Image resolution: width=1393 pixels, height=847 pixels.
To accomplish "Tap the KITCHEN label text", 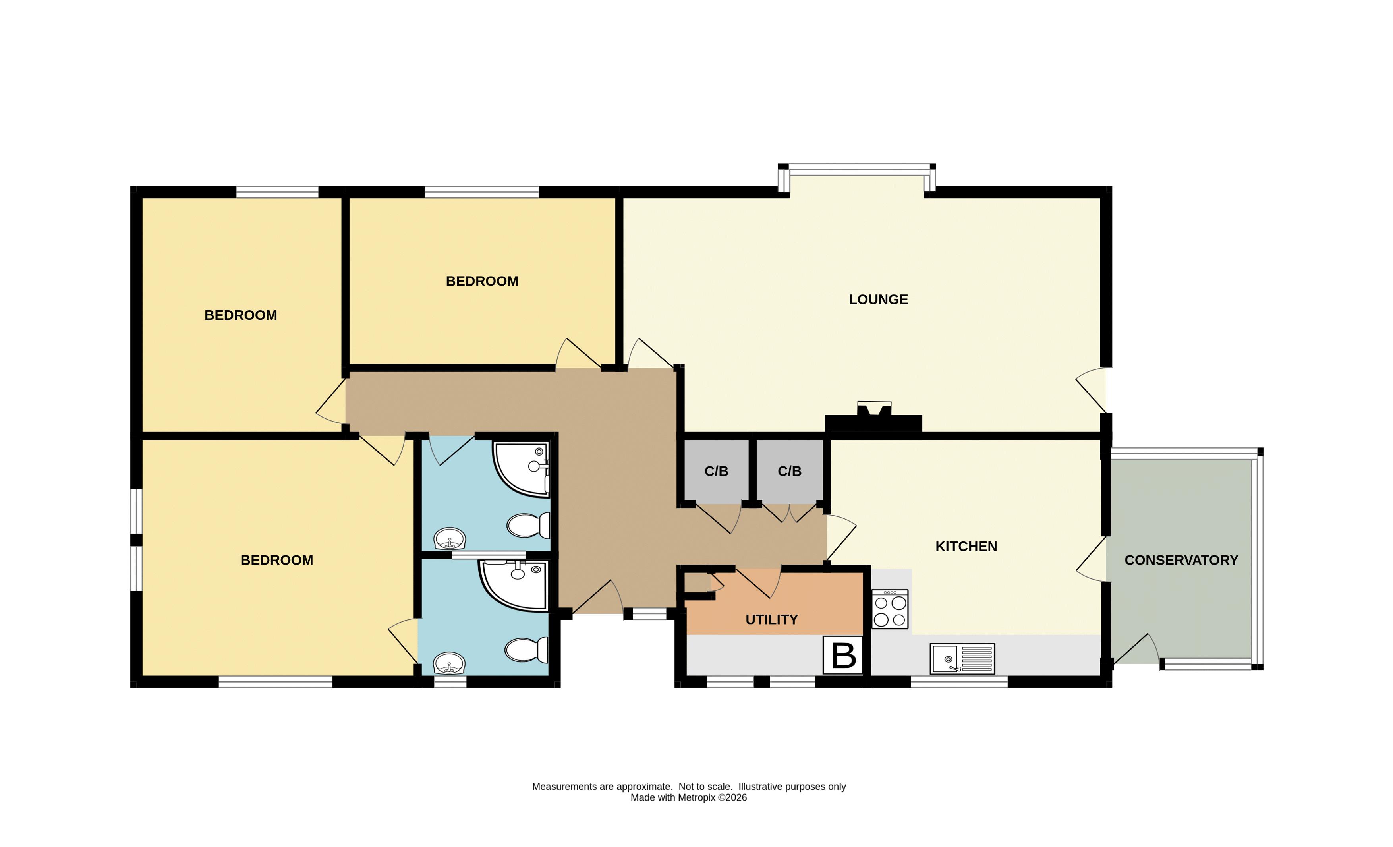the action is click(x=966, y=547).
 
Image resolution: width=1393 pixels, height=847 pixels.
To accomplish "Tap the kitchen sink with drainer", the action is click(x=962, y=659).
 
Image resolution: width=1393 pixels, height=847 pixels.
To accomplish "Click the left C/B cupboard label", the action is click(x=716, y=472).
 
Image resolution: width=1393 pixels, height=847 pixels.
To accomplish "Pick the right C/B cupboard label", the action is click(x=790, y=472).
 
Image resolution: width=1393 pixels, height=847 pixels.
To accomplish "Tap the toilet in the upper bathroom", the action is click(x=528, y=525).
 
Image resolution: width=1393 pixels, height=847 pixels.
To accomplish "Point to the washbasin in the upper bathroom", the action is click(x=450, y=539).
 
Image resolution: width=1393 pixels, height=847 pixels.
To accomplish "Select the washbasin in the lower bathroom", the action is click(x=450, y=663).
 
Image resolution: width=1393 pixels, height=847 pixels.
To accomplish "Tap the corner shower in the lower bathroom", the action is click(x=513, y=586).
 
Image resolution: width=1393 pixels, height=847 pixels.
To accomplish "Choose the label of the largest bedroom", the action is click(x=277, y=560).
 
